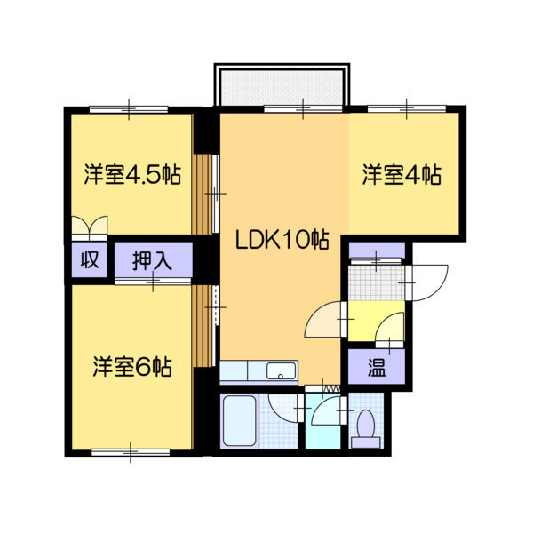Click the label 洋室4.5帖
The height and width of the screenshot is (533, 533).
(132, 174)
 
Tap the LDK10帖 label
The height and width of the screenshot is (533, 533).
(282, 239)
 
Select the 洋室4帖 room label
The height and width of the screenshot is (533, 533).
(402, 175)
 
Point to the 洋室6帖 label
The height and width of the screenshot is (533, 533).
(132, 366)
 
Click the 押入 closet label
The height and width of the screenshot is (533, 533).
(152, 261)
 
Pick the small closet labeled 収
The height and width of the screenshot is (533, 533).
(90, 261)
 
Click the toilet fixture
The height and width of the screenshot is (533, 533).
(364, 428)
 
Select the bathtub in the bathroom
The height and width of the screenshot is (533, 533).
(239, 422)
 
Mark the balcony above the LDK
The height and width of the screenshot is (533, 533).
(280, 86)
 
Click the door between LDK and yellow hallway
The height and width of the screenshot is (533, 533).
(325, 322)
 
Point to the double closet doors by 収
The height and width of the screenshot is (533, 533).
(90, 227)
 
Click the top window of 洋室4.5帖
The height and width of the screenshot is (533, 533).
(129, 108)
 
